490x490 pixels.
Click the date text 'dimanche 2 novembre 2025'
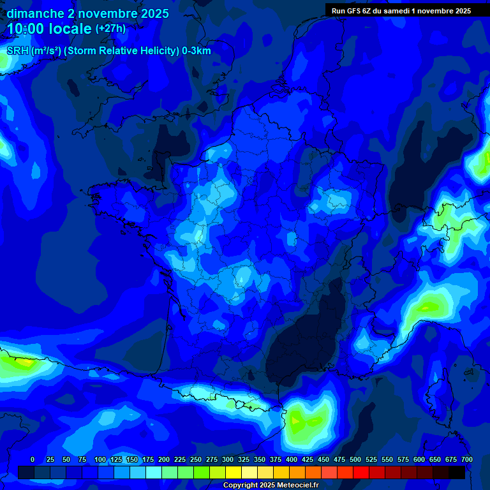click(87, 13)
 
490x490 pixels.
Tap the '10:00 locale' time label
click(48, 29)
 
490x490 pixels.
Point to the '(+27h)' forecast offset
click(110, 29)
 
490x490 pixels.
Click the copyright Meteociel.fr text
click(271, 485)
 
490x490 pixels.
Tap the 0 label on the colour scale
click(32, 459)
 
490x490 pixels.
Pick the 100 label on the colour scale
click(100, 459)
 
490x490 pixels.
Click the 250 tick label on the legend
click(196, 459)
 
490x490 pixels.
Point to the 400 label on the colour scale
click(292, 459)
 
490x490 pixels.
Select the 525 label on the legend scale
click(371, 459)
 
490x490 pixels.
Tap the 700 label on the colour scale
click(466, 459)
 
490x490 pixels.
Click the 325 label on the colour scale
click(244, 459)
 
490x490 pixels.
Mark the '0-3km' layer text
click(196, 51)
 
